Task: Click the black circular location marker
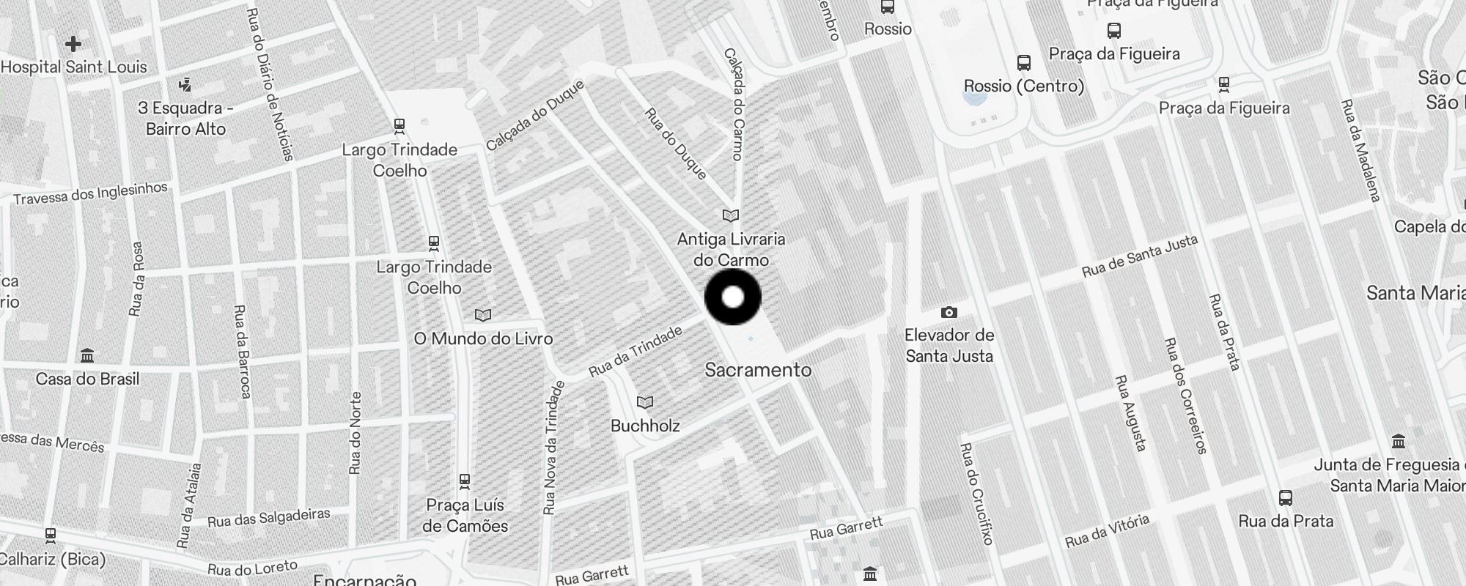click(x=733, y=297)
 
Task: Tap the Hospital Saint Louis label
click(x=74, y=67)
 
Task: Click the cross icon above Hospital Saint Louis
click(x=73, y=44)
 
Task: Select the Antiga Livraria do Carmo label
click(x=731, y=249)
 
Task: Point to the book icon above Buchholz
click(x=645, y=402)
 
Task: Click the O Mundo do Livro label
click(x=483, y=338)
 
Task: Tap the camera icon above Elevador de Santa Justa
click(x=949, y=313)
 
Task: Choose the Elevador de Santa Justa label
click(x=949, y=346)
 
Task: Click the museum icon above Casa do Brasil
click(x=87, y=356)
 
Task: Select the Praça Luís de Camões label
click(x=465, y=516)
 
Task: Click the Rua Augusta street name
click(x=1130, y=412)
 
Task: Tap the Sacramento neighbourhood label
click(x=758, y=370)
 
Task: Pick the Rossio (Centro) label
click(x=1023, y=86)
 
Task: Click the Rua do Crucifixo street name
click(x=976, y=493)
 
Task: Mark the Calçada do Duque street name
click(x=535, y=115)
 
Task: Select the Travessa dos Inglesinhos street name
click(x=90, y=193)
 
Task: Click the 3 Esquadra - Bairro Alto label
click(x=185, y=119)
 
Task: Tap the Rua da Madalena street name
click(x=1360, y=150)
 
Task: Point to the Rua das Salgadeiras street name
click(x=268, y=518)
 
